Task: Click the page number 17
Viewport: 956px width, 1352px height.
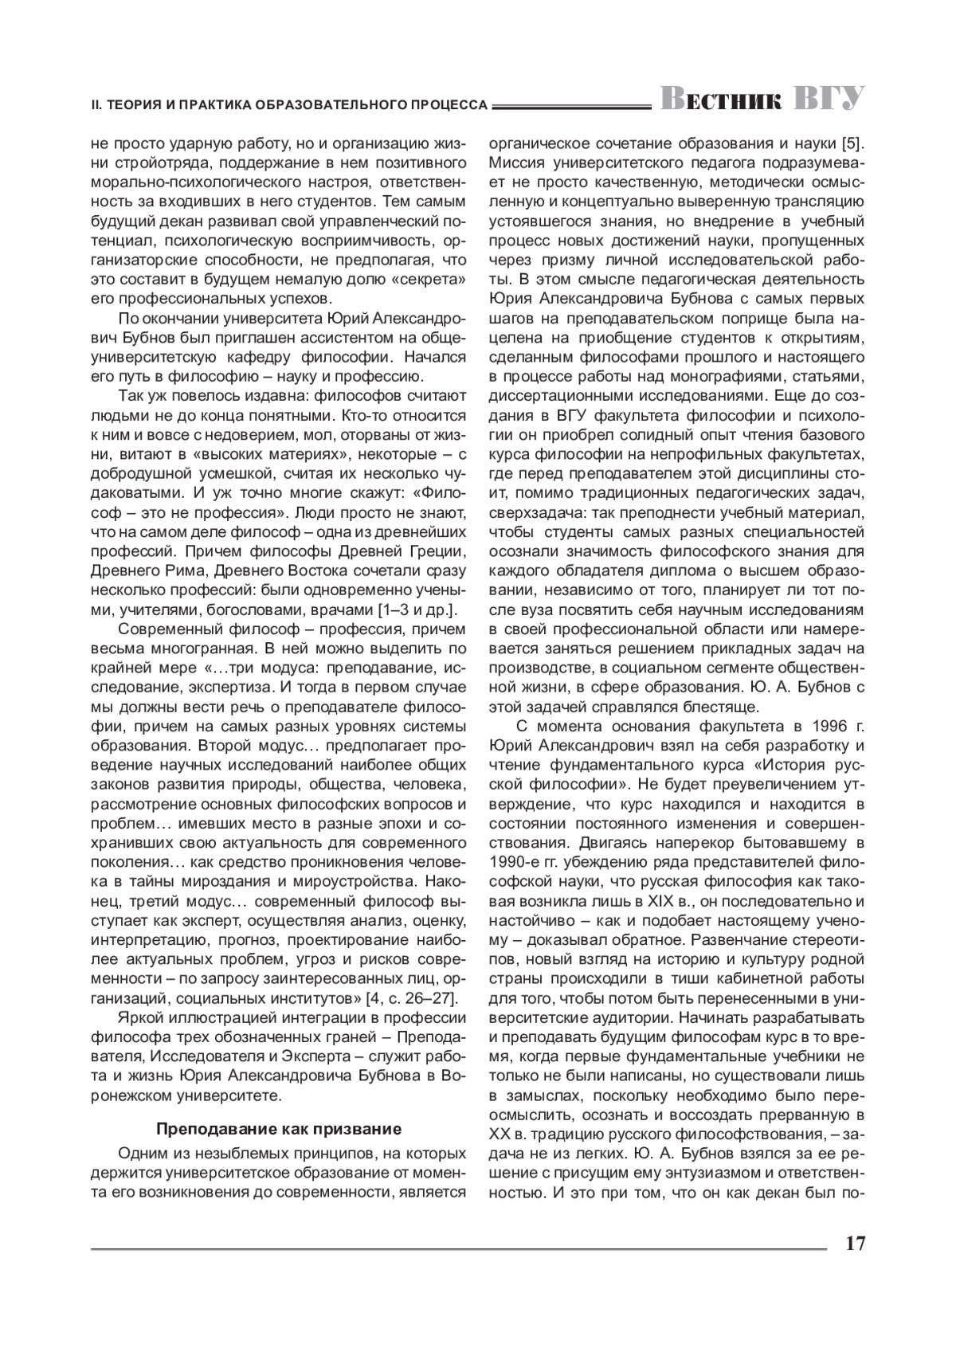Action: pyautogui.click(x=855, y=1243)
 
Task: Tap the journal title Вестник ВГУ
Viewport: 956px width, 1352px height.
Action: pyautogui.click(x=761, y=99)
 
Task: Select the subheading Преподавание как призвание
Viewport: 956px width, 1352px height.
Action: pyautogui.click(x=279, y=1129)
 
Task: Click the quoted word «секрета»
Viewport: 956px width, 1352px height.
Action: pyautogui.click(x=428, y=280)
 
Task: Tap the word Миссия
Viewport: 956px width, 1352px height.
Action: pyautogui.click(x=511, y=163)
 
